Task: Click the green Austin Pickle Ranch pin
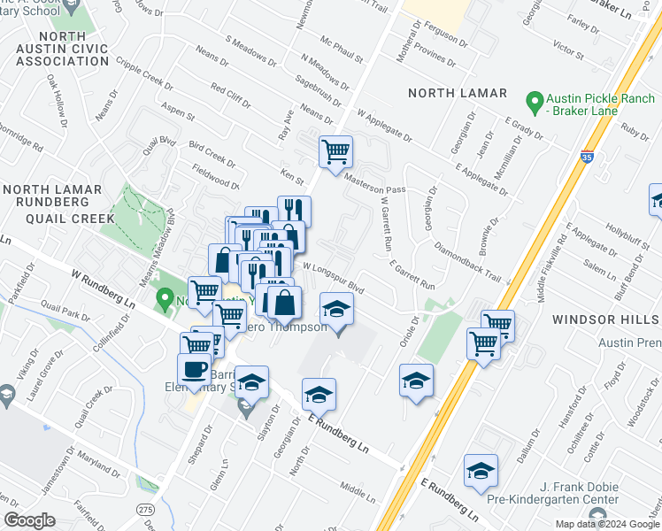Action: click(534, 103)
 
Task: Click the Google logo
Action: click(29, 520)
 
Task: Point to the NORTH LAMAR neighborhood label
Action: click(457, 93)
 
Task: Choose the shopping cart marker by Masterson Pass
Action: click(335, 152)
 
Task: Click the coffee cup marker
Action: click(194, 369)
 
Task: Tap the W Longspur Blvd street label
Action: click(334, 275)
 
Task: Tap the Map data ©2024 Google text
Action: click(607, 524)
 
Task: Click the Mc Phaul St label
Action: click(343, 50)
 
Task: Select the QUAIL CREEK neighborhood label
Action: click(58, 218)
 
